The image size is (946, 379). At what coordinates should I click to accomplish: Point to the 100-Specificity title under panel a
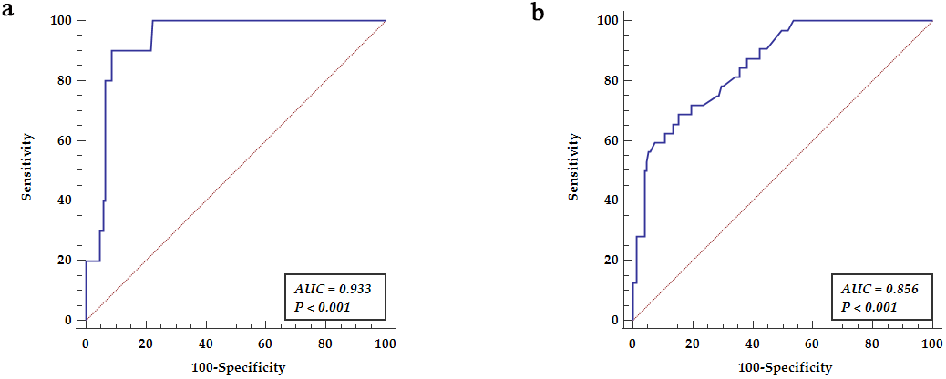point(240,367)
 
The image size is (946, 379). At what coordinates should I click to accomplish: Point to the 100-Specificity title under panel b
point(786,367)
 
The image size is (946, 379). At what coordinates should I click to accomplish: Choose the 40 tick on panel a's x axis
point(205,344)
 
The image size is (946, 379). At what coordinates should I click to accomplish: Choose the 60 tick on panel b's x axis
point(812,344)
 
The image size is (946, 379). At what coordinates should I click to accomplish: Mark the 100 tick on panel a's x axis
point(386,344)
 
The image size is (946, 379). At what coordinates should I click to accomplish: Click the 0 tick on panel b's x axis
point(632,344)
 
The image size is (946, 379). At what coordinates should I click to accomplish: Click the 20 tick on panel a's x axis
point(145,344)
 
